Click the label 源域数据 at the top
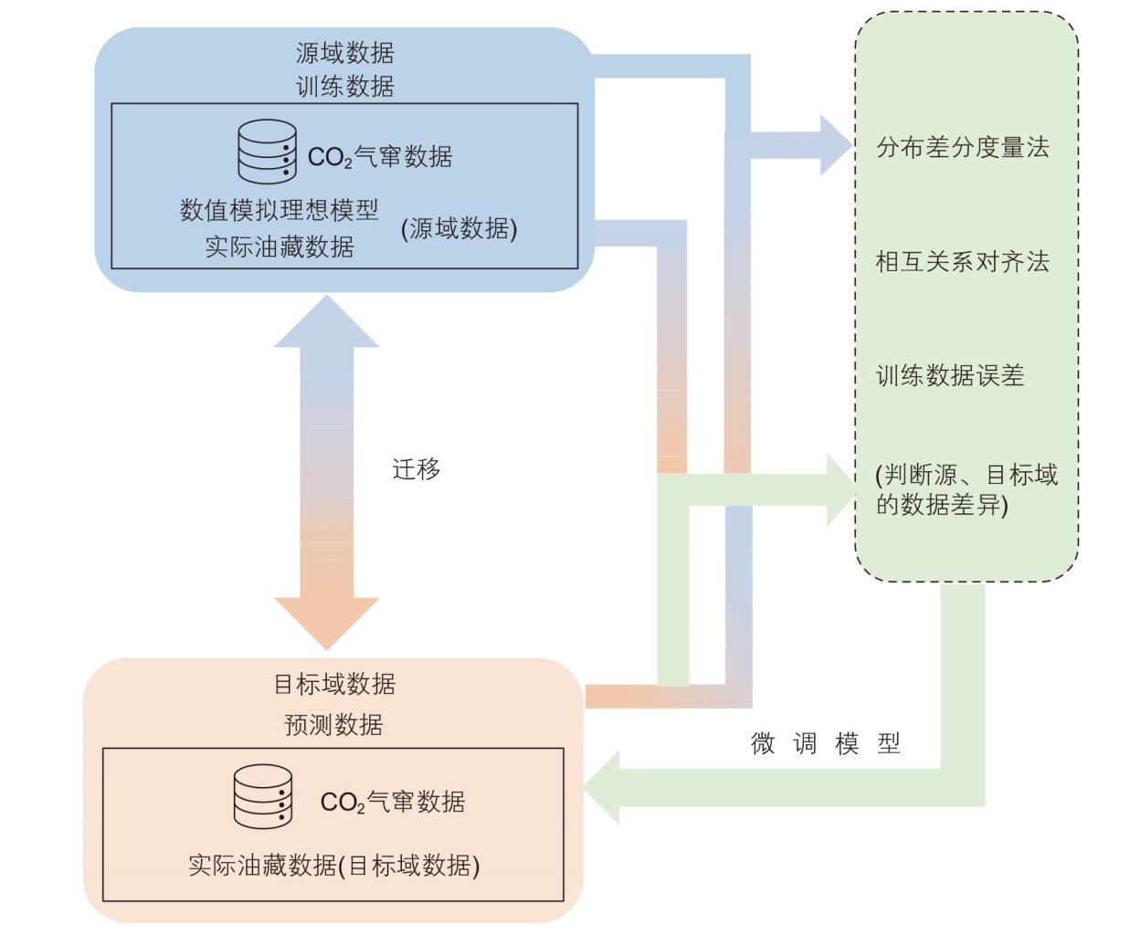[344, 53]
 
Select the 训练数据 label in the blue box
[344, 87]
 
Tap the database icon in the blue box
[267, 152]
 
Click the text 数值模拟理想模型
[279, 210]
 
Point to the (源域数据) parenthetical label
[459, 228]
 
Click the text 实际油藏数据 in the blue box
[279, 247]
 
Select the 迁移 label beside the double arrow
[416, 469]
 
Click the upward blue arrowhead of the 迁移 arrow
[326, 324]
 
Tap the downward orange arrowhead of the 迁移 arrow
[326, 621]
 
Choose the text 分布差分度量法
[963, 148]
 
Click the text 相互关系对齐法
[963, 262]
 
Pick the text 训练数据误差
[950, 375]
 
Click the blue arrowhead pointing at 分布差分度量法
[835, 145]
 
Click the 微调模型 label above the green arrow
[825, 743]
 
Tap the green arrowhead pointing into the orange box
[604, 787]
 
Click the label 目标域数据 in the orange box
[334, 684]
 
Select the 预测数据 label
[333, 725]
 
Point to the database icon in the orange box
[263, 796]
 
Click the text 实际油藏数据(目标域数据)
[333, 865]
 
